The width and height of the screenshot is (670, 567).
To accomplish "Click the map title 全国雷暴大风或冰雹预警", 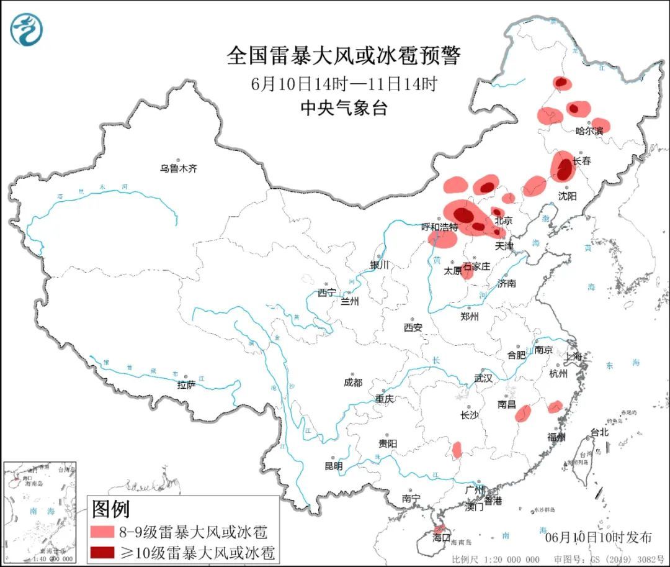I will click(x=344, y=57).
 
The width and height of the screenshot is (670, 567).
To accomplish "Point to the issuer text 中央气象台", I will click(x=344, y=108).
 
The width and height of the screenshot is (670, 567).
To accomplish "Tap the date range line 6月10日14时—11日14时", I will click(x=344, y=84).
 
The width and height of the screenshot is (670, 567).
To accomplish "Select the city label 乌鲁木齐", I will click(x=178, y=168).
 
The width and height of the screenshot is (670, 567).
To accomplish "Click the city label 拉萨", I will click(x=186, y=385).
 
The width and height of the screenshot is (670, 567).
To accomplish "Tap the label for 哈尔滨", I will click(x=589, y=131).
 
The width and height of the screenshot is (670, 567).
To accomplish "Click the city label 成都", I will click(x=352, y=383).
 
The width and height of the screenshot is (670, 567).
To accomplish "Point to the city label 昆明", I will click(x=333, y=465).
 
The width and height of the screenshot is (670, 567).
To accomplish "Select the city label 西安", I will click(x=413, y=327).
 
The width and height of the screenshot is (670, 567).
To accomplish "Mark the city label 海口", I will click(x=440, y=537).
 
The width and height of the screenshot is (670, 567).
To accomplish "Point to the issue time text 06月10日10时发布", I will click(x=598, y=537).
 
